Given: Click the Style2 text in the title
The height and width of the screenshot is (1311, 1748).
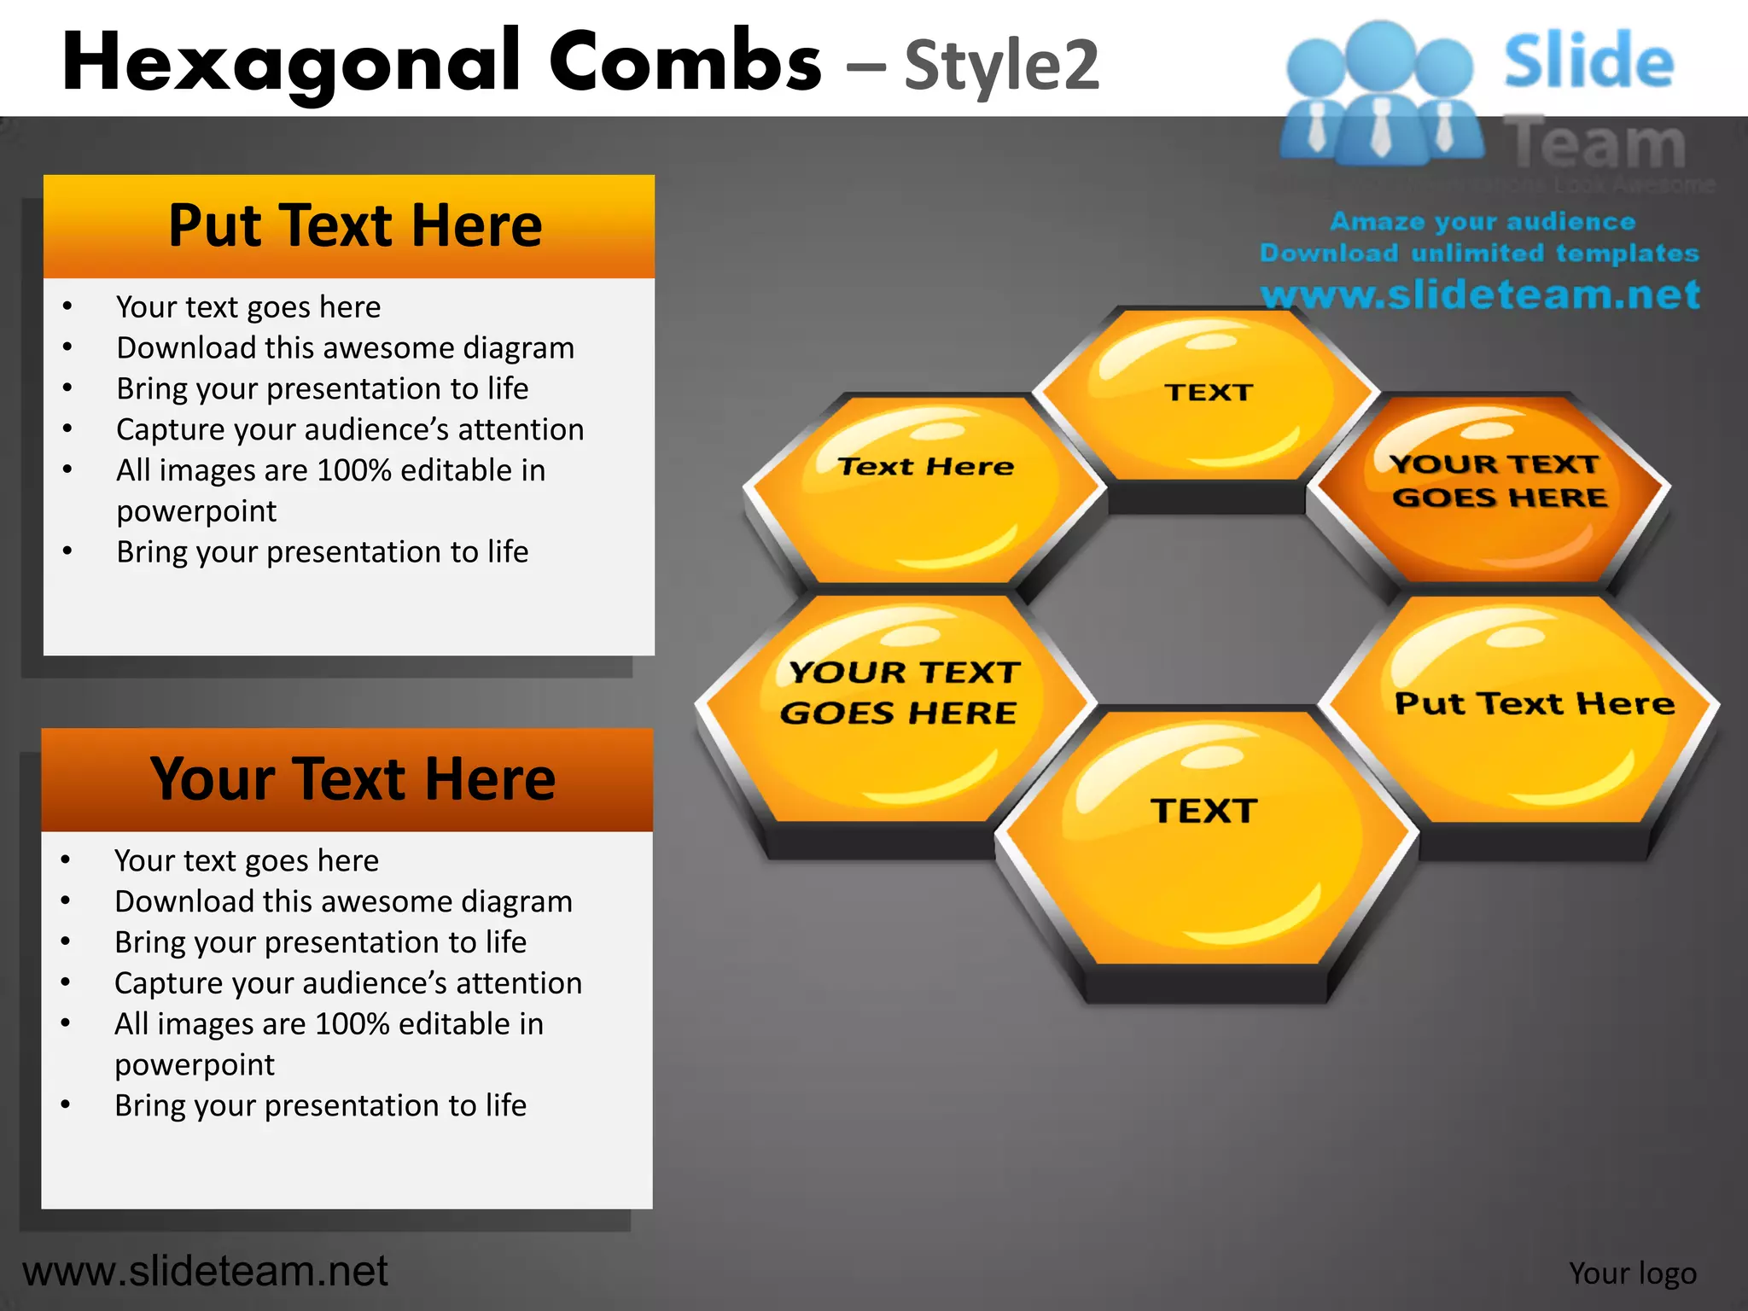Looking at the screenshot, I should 1000,66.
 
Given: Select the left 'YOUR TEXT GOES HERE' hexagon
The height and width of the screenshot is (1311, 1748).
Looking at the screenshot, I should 898,708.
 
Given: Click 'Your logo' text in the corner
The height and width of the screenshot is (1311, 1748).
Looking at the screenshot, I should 1632,1273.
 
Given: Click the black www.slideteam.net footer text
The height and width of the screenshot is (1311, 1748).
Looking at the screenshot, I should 205,1271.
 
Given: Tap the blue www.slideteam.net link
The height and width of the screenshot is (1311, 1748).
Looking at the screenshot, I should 1480,294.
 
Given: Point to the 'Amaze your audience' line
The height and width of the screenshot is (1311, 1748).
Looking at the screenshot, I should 1482,222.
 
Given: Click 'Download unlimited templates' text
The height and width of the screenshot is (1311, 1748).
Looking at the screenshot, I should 1478,253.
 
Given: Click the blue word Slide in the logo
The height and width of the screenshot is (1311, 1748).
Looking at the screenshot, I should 1588,61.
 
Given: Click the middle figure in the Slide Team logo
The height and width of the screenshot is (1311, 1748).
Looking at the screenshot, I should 1379,94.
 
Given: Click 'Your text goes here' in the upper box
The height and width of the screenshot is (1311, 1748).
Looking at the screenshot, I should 248,307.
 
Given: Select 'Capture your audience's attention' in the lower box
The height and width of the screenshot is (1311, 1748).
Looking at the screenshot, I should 348,983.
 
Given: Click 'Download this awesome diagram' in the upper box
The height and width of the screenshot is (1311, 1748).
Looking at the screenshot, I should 345,348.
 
